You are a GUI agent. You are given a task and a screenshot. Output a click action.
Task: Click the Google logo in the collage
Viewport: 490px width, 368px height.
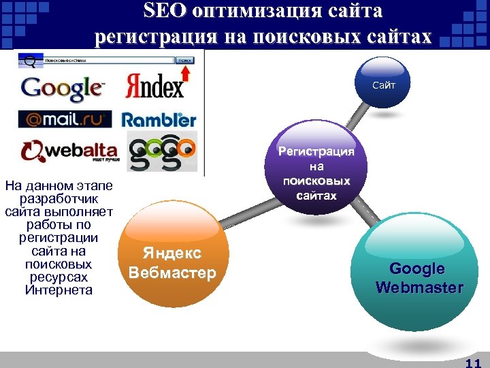click(62, 88)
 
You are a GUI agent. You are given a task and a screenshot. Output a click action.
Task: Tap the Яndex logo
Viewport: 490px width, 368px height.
click(155, 87)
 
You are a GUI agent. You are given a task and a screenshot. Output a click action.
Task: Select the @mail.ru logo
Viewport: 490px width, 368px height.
click(65, 119)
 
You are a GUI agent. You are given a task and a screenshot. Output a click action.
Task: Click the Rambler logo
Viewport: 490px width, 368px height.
click(159, 120)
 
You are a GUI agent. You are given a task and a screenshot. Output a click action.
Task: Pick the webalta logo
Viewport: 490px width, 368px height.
click(69, 151)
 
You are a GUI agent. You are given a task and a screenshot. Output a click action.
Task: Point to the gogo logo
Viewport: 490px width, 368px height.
click(162, 151)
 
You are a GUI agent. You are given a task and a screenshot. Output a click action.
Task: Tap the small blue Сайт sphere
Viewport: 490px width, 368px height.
click(382, 83)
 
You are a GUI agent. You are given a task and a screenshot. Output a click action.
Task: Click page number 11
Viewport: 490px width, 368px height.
click(472, 363)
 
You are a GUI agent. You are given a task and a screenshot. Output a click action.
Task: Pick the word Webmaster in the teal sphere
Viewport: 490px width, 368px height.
click(419, 288)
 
